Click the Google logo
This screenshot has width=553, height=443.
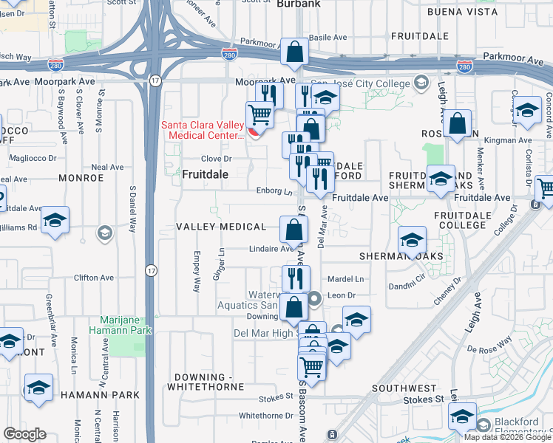(x=25, y=434)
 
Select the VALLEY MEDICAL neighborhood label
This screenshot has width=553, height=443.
(x=221, y=227)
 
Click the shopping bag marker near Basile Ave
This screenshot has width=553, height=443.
(x=294, y=52)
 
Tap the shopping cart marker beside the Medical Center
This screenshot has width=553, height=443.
(x=259, y=114)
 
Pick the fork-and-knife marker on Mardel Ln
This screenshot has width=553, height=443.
(x=295, y=278)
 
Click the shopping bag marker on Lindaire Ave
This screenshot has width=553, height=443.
(x=294, y=230)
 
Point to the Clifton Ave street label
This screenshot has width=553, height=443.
(x=94, y=278)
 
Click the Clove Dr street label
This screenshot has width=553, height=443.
(x=217, y=159)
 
